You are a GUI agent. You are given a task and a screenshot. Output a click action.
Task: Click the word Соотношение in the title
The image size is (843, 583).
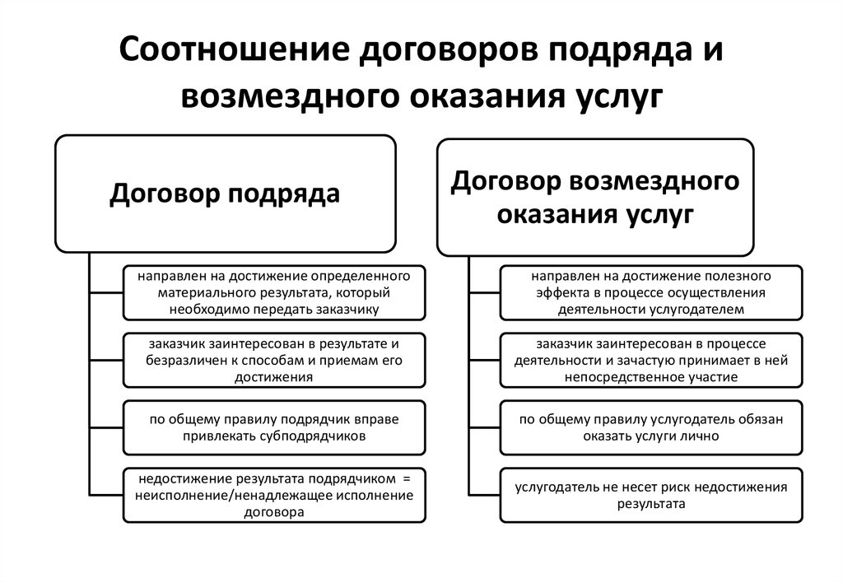pos(235,49)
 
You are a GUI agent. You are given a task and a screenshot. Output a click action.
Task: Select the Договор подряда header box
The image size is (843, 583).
pos(226,194)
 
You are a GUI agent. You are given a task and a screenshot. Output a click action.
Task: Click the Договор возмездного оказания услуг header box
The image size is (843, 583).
pos(595,198)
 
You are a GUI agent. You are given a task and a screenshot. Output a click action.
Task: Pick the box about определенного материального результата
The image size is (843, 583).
pos(274,292)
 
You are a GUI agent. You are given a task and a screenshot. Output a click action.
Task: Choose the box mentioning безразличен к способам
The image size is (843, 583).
pos(274,361)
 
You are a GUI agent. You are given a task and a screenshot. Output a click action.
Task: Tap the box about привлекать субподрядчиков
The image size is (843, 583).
pos(274,427)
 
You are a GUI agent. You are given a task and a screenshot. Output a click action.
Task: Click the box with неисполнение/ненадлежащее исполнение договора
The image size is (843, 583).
pos(274,495)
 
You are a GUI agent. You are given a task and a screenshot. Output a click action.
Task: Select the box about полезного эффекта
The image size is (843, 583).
pos(651,292)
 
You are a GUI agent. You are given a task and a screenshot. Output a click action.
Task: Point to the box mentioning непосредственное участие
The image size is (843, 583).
pos(651,361)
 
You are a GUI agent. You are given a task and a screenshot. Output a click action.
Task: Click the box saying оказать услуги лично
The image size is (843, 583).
pos(651,427)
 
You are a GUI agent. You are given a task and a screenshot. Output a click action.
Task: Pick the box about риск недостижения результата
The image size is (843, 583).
pos(651,495)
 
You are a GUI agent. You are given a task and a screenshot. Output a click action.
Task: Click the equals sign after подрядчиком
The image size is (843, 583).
pos(406,478)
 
